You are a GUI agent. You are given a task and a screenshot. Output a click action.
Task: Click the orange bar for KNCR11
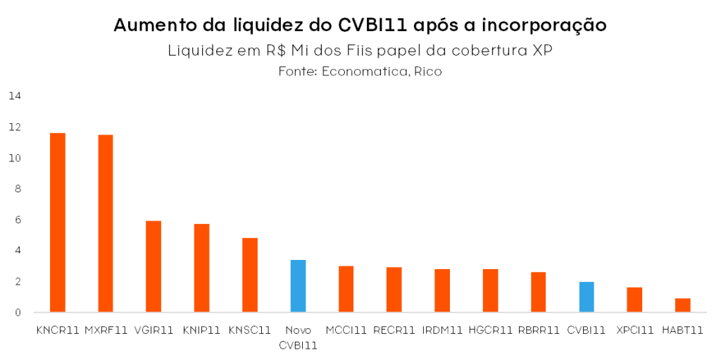click(58, 223)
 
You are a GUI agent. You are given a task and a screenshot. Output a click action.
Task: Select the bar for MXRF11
click(106, 223)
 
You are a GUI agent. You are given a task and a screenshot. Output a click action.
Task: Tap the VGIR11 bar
click(153, 266)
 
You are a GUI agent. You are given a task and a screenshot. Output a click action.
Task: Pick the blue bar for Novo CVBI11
click(298, 286)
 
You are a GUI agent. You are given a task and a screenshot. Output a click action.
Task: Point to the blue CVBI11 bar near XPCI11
click(587, 297)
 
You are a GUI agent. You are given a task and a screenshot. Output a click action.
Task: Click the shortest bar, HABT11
click(682, 305)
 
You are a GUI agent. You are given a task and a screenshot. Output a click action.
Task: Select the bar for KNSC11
click(250, 275)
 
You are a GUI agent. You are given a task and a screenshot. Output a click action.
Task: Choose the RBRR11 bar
click(539, 292)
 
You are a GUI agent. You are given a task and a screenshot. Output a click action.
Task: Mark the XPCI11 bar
click(634, 299)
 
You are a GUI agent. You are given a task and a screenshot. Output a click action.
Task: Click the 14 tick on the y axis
click(15, 96)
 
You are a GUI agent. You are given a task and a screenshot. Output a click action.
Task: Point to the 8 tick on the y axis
click(18, 189)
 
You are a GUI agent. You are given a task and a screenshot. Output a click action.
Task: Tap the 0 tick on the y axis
click(18, 312)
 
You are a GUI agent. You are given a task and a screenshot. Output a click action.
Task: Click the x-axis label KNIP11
click(201, 330)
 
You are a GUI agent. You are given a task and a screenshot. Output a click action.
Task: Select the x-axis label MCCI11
click(346, 330)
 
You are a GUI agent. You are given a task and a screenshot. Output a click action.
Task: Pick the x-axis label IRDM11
click(442, 330)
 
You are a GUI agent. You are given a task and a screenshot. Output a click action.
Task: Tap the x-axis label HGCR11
click(490, 330)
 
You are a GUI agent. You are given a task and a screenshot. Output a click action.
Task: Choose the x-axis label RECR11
click(394, 330)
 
